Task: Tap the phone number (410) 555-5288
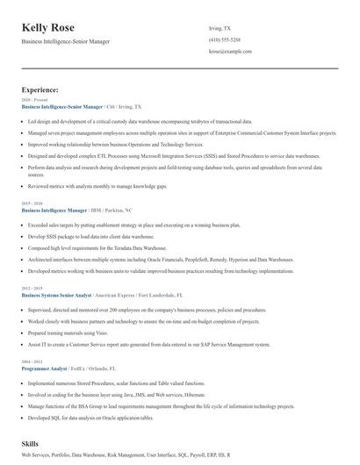pyautogui.click(x=224, y=40)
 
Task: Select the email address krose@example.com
pyautogui.click(x=230, y=52)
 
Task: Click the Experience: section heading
pyautogui.click(x=40, y=89)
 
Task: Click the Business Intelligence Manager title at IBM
pyautogui.click(x=54, y=211)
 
